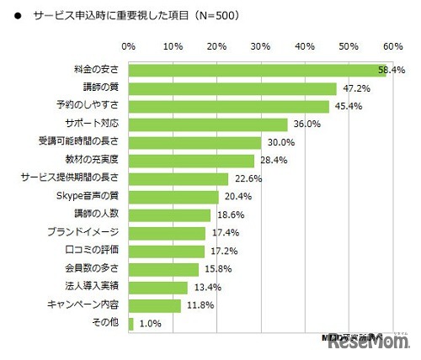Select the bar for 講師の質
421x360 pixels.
click(232, 88)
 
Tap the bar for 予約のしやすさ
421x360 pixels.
click(228, 107)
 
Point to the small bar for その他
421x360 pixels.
click(131, 323)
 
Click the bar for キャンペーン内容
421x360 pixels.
click(155, 305)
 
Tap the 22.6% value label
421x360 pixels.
click(245, 179)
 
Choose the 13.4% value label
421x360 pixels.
click(205, 288)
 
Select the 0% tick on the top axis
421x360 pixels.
click(129, 45)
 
